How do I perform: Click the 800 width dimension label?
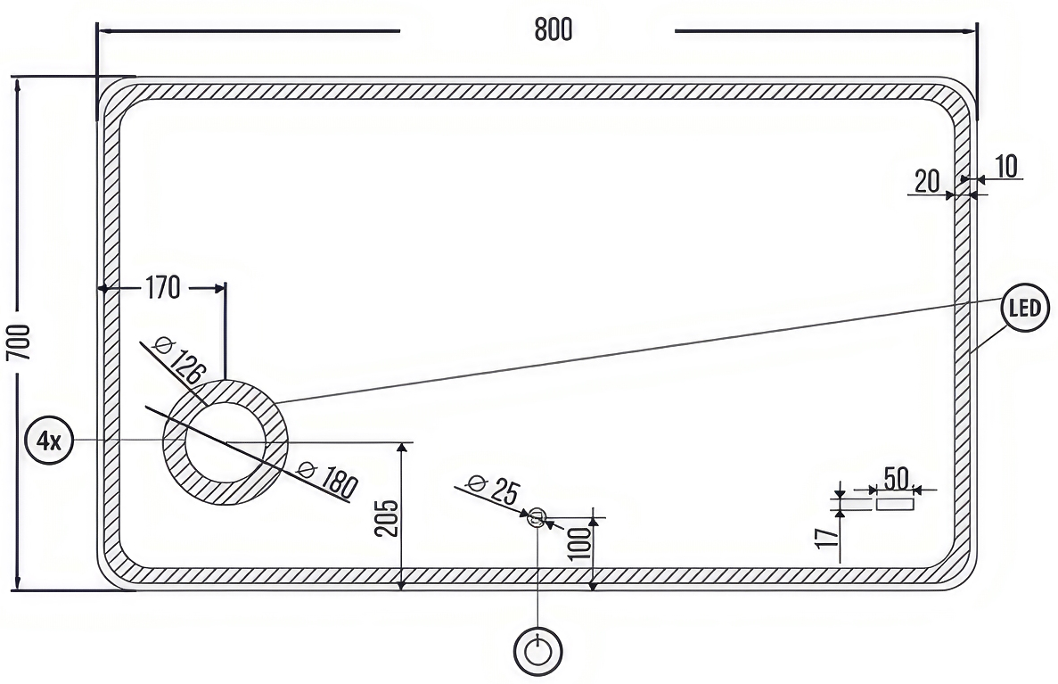pos(554,29)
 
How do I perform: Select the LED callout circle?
pos(1025,308)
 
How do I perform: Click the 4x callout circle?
pos(49,441)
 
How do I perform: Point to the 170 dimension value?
pos(162,288)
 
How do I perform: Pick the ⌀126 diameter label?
pos(179,359)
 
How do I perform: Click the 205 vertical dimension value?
pos(386,518)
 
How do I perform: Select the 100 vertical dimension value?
pos(579,543)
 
